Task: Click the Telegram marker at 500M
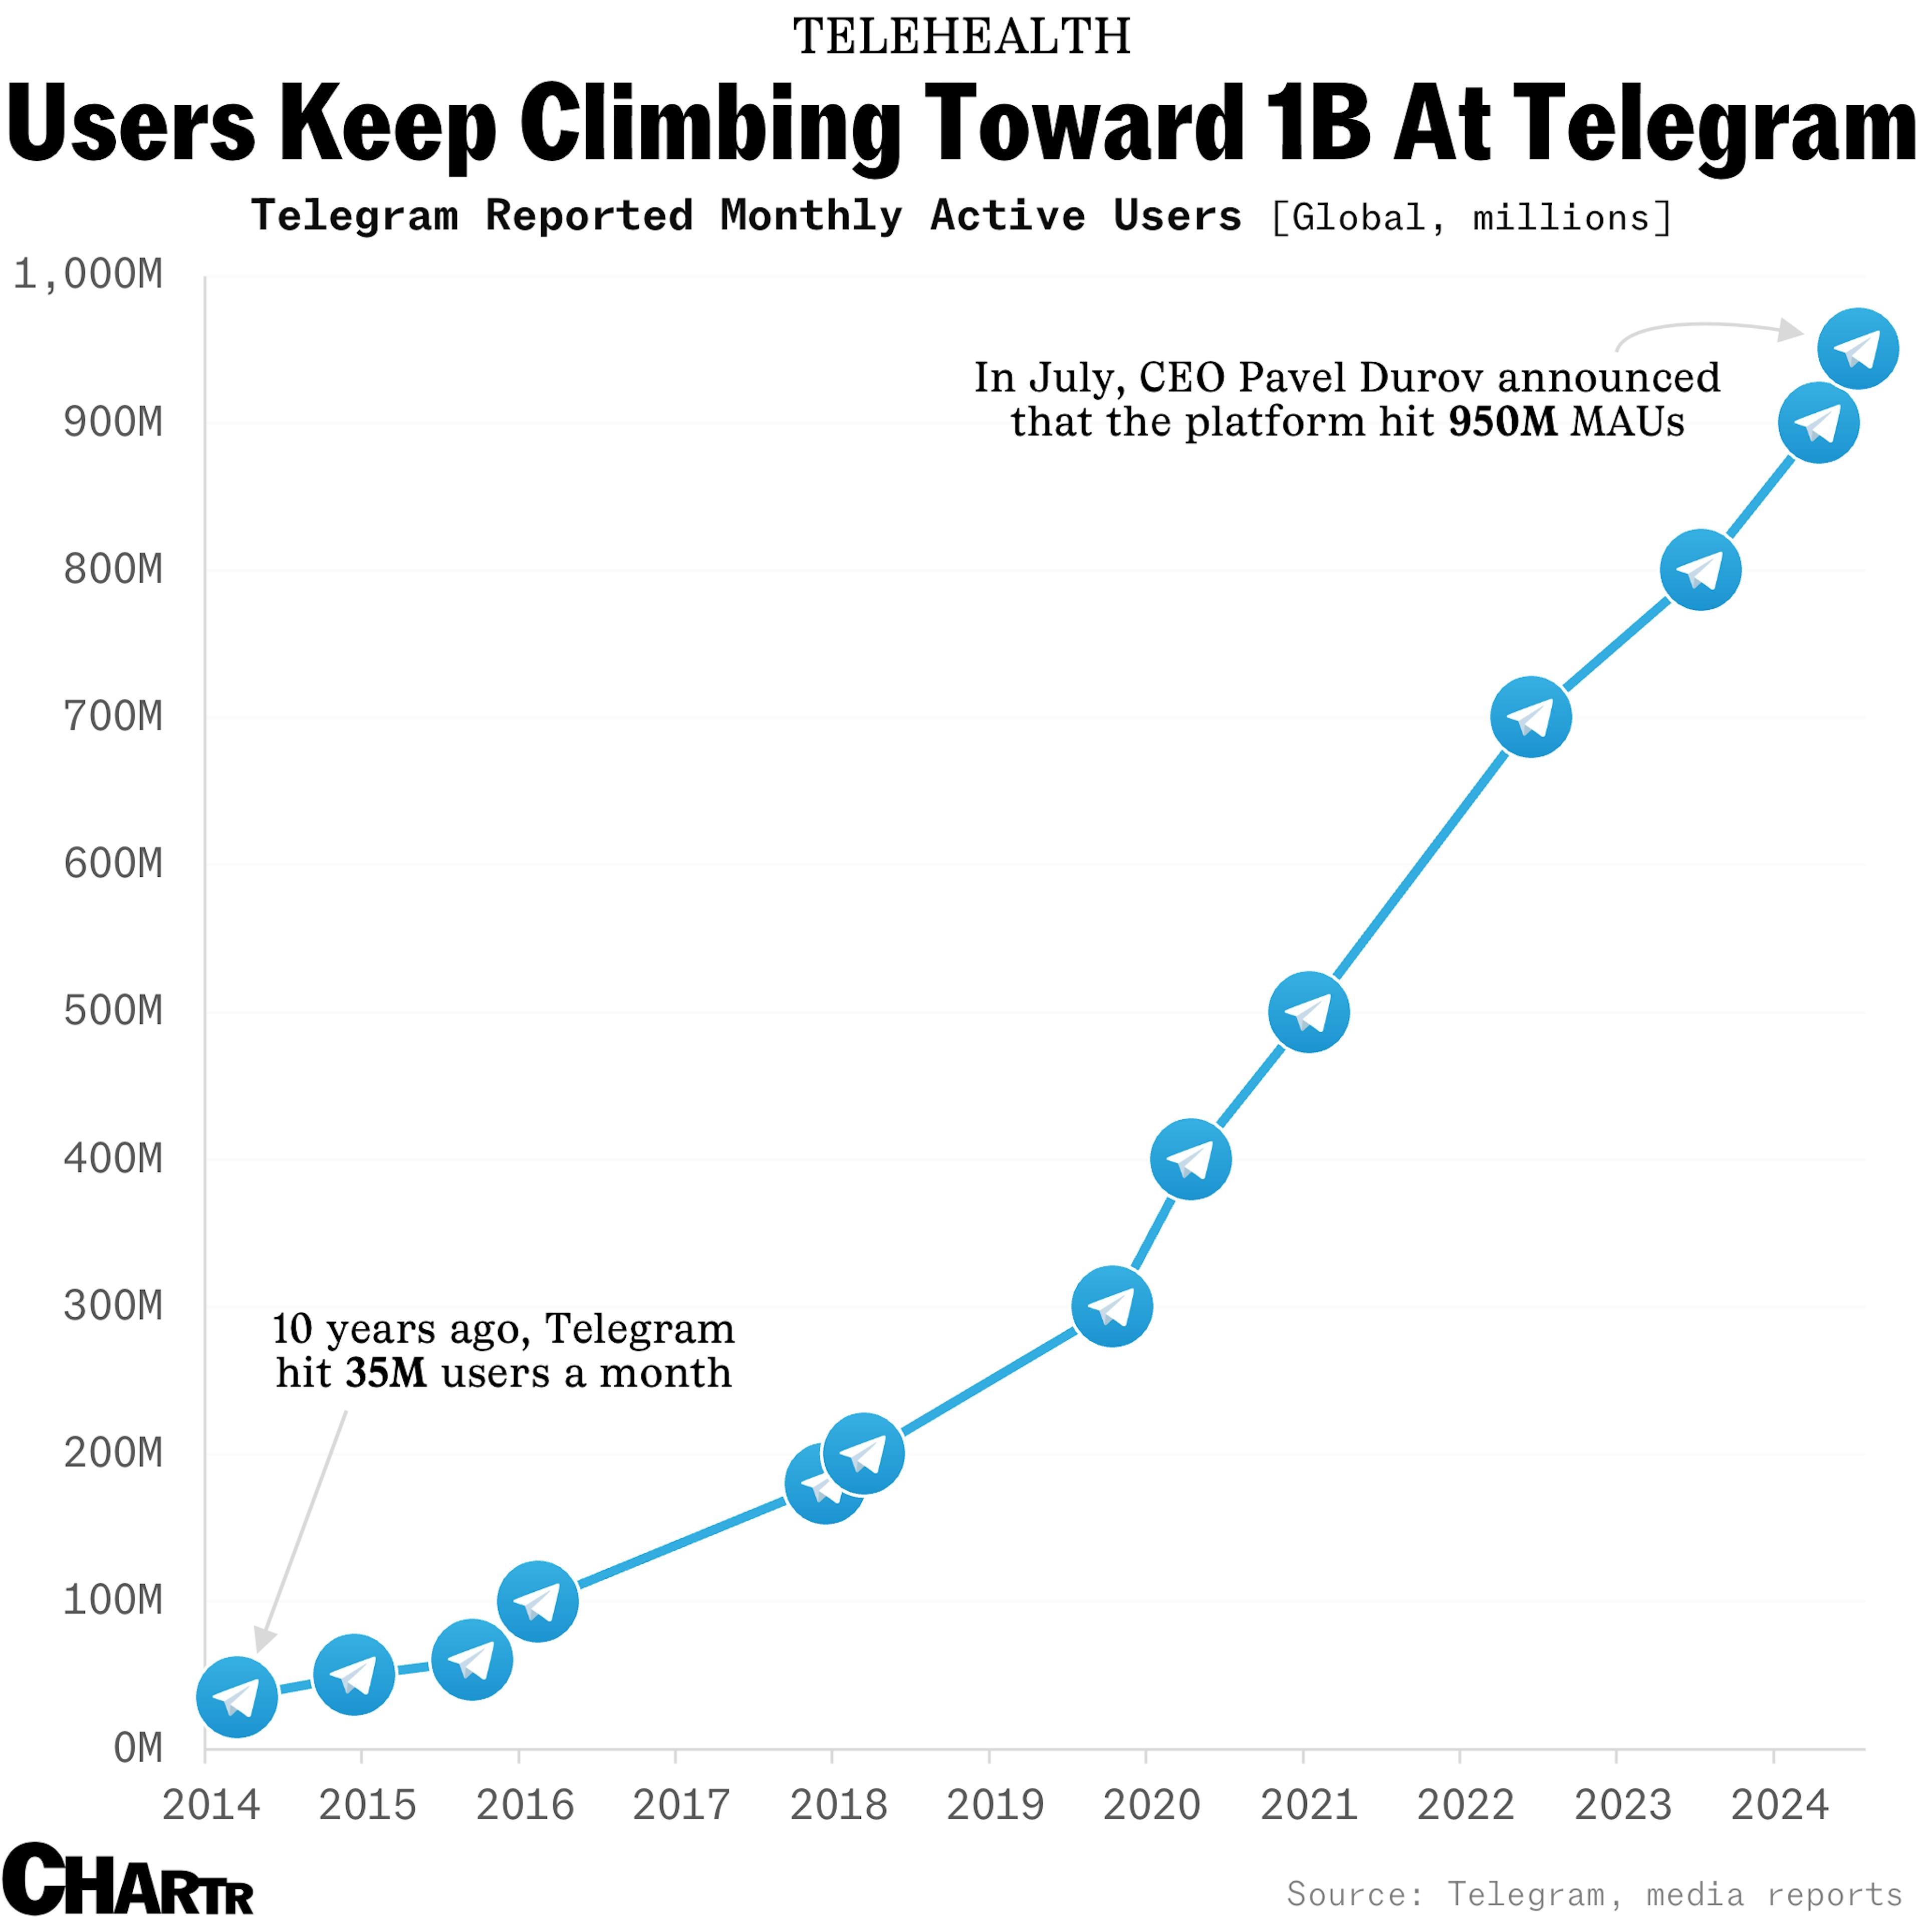[1309, 1012]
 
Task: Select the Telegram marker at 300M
[1112, 1307]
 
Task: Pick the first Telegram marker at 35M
[237, 1697]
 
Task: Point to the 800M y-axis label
[113, 570]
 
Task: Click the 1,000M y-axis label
[88, 275]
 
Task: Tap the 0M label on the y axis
[137, 1748]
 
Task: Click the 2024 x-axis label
[1780, 1804]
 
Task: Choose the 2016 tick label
[525, 1804]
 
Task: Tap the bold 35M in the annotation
[385, 1373]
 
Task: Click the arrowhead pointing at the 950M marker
[1791, 331]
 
